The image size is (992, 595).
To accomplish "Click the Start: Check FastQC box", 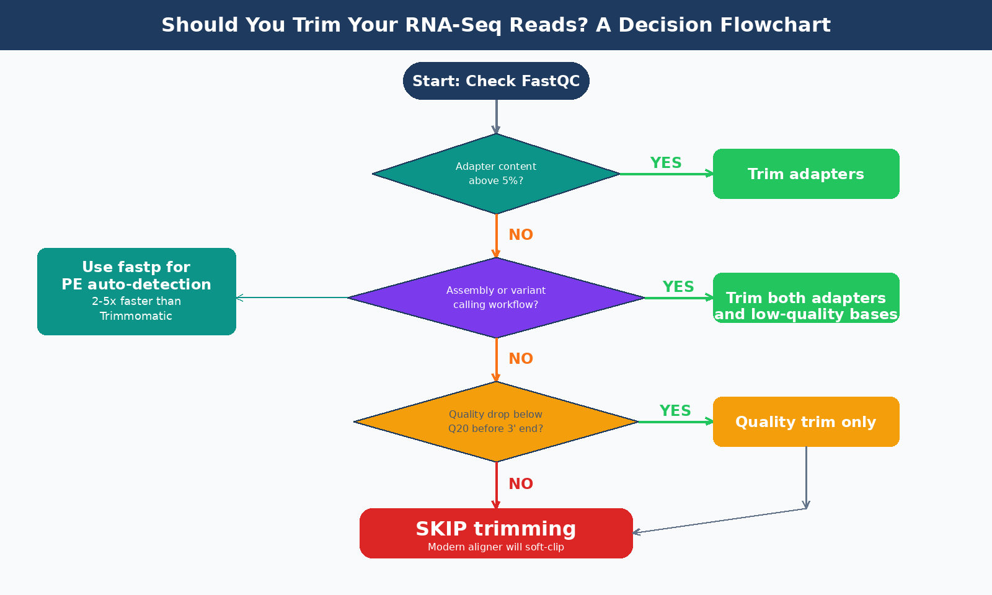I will pos(496,81).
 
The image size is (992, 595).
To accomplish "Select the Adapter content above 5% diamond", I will pos(496,174).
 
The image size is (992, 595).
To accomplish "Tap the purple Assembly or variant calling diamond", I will pos(496,297).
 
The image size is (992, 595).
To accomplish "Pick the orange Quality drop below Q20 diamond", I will pos(496,421).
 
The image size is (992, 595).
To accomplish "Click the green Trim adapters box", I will pos(806,174).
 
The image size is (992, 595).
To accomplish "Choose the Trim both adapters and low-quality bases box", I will pos(806,298).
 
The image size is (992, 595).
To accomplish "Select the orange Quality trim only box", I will pos(806,422).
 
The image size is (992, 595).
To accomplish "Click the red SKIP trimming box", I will pos(496,533).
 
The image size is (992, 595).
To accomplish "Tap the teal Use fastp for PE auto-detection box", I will pos(136,291).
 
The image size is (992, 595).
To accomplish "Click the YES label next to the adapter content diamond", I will pos(666,163).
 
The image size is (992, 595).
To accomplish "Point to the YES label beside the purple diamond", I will pos(678,287).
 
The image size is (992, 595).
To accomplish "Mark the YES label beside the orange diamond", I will pos(675,411).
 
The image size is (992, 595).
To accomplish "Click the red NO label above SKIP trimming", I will pos(521,484).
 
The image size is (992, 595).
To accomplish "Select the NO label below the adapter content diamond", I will pos(521,235).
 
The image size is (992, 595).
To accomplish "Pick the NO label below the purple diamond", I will pos(521,359).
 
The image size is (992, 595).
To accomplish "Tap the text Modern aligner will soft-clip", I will pos(496,547).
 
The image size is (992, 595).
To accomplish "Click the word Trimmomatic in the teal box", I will pos(136,316).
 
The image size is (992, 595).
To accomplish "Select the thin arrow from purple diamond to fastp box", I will pos(291,298).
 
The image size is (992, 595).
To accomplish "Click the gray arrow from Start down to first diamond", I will pos(496,116).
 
